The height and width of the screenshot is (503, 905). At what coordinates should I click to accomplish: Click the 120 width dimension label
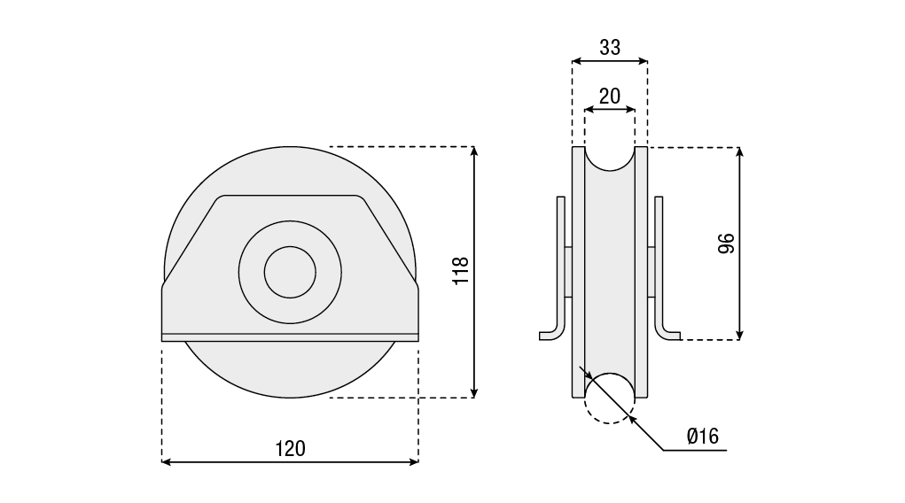click(290, 448)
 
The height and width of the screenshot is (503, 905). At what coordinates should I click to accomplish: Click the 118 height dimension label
click(461, 270)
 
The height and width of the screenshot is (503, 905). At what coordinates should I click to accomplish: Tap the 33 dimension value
click(610, 47)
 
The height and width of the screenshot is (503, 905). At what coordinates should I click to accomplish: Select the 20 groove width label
click(610, 97)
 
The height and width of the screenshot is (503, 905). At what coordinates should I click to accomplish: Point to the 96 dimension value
click(726, 244)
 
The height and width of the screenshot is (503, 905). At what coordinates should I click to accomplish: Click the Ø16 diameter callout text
click(703, 436)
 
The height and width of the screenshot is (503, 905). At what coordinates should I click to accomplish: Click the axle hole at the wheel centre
click(290, 272)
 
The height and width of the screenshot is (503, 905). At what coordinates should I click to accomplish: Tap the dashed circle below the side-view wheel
click(610, 399)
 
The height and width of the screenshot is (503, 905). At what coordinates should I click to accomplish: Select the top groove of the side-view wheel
click(610, 159)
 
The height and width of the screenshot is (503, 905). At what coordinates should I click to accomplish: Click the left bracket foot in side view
click(552, 335)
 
